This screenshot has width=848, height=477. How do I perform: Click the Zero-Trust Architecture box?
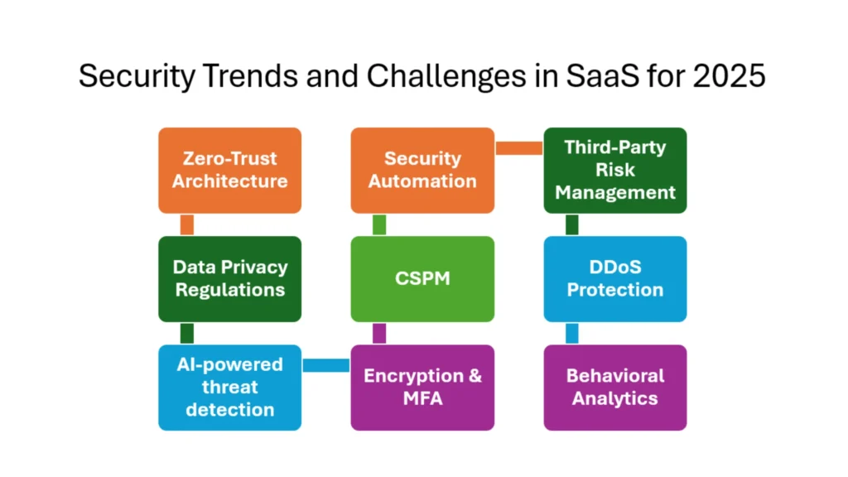coord(229,170)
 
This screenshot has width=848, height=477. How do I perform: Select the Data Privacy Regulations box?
coord(229,279)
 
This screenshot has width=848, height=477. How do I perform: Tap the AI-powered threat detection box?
coord(229,387)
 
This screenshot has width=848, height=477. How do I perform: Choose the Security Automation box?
coord(422,170)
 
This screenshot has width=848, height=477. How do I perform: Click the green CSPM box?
coord(422,279)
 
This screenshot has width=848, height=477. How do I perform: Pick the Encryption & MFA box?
coord(422,387)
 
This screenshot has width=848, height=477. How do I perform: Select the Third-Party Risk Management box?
coord(615,170)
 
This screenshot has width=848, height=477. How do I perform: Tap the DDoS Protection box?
coord(615,279)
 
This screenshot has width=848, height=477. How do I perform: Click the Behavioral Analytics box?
coord(615,387)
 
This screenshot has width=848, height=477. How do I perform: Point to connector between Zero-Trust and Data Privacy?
coord(187,224)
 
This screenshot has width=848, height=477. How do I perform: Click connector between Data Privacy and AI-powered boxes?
coord(187,333)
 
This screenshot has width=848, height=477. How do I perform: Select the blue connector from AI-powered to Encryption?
coord(326,365)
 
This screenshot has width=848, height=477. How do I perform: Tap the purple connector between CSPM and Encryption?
coord(379,333)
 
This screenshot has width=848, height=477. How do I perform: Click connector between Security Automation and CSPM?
coord(379,224)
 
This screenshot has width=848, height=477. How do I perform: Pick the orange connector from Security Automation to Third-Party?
coord(518,148)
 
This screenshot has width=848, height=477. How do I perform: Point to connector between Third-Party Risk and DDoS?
coord(572,224)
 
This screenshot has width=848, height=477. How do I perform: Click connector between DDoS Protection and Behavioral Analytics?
coord(572,333)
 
